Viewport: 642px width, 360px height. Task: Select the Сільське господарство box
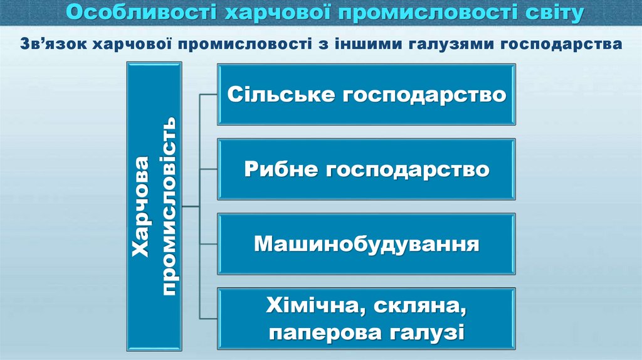pyautogui.click(x=366, y=95)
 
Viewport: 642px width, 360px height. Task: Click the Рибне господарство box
pyautogui.click(x=366, y=169)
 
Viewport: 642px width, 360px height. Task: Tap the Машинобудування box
pyautogui.click(x=366, y=243)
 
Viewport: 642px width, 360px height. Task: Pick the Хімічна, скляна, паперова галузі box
pyautogui.click(x=366, y=319)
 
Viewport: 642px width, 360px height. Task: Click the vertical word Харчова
pyautogui.click(x=143, y=207)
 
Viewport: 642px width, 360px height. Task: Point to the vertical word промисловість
pyautogui.click(x=169, y=207)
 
